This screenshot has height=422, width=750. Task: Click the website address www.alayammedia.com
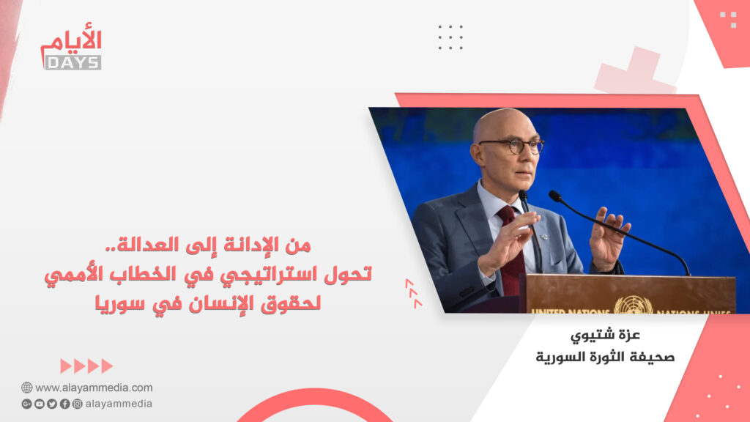coord(94,388)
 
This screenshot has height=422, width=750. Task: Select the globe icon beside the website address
coord(26,388)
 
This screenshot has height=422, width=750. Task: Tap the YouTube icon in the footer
coord(39,404)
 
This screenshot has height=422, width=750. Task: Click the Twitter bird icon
coord(51,404)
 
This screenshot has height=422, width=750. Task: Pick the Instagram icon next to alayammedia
coord(76,404)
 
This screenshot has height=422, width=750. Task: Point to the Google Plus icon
coord(26,404)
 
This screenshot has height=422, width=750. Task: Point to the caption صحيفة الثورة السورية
coord(605,358)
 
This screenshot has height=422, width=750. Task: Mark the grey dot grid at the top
coord(450,37)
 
